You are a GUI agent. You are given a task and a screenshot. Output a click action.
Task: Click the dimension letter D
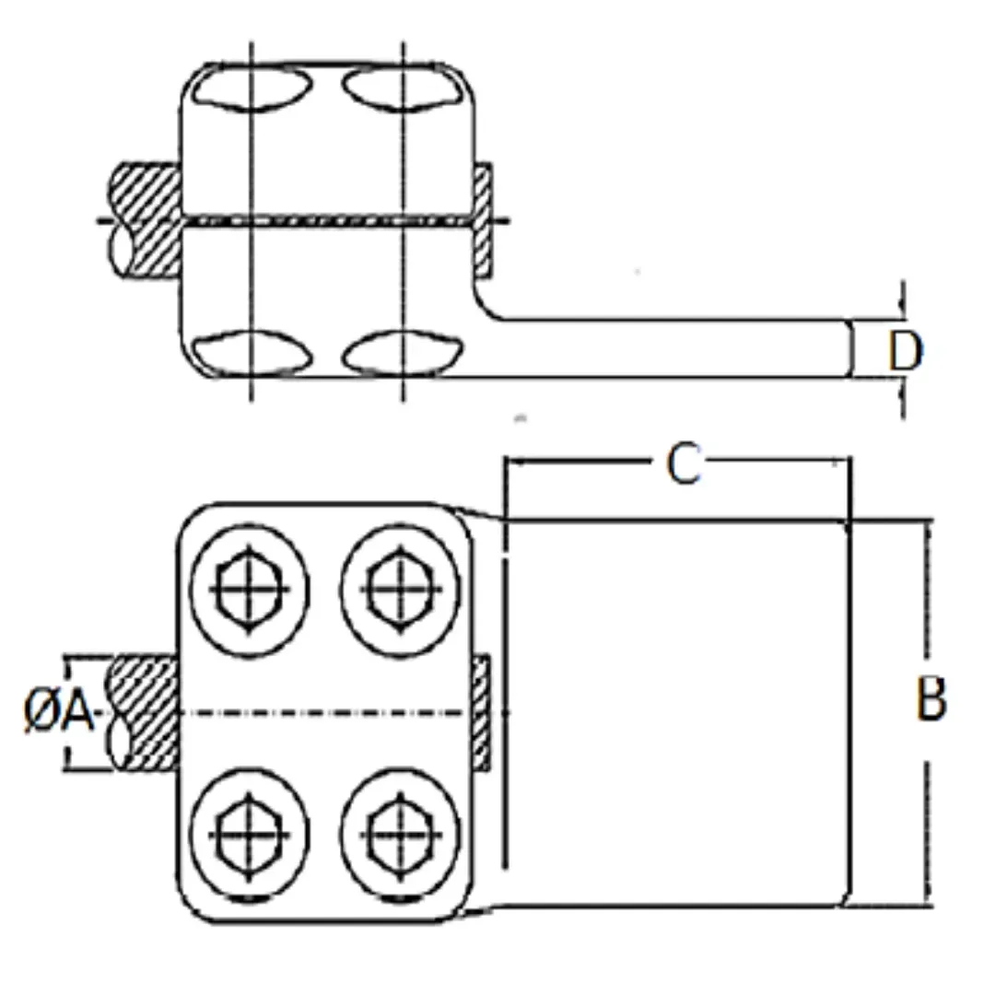tap(906, 351)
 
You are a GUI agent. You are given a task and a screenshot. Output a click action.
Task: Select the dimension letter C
tap(684, 463)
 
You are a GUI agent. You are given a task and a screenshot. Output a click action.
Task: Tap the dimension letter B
tap(931, 698)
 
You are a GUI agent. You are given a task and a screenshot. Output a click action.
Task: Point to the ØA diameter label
tap(58, 711)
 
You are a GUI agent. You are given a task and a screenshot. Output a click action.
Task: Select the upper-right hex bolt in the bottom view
tap(401, 590)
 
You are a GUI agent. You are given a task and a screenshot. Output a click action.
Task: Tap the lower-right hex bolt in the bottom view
tap(401, 835)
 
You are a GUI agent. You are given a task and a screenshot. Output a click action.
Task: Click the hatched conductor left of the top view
tap(145, 220)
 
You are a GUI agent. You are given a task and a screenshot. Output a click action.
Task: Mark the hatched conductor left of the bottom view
tap(144, 713)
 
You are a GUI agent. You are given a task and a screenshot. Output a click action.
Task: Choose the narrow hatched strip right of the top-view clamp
tap(483, 219)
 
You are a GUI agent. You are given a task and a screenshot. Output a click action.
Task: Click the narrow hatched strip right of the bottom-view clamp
tap(482, 713)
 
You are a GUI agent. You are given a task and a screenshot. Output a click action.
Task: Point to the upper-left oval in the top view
tap(252, 88)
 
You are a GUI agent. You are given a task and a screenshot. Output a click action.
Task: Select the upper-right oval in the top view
tap(403, 88)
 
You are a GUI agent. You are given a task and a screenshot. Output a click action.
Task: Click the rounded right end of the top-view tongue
tap(851, 348)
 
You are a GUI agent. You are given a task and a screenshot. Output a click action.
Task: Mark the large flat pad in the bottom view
tap(677, 713)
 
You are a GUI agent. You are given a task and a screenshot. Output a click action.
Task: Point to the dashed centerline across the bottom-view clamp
tap(327, 713)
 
